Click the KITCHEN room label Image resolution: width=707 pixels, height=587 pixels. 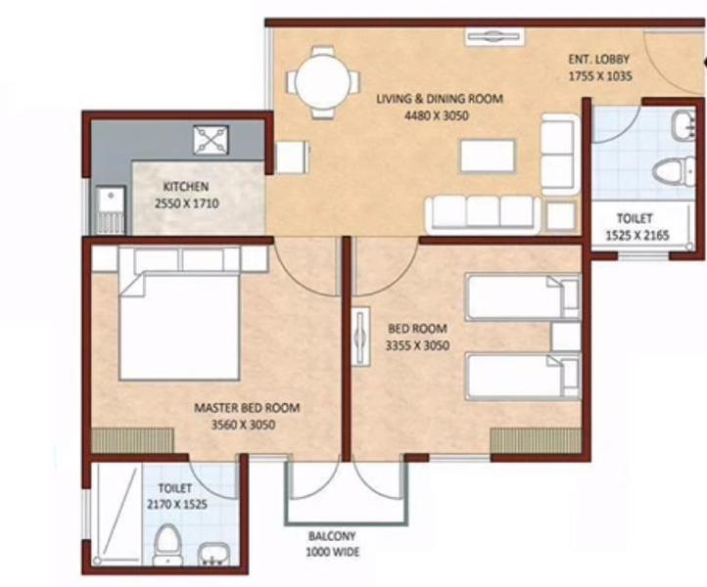186,187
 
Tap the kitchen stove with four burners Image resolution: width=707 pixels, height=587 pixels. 210,139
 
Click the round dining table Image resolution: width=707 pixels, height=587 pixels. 323,84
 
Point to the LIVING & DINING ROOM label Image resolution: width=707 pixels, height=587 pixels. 440,99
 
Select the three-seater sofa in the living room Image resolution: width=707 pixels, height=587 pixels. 482,212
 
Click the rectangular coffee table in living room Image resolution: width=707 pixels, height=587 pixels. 487,157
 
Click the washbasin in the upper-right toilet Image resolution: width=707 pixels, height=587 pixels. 682,124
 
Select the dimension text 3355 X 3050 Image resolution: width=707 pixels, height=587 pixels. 418,344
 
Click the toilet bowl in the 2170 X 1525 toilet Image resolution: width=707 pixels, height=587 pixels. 168,544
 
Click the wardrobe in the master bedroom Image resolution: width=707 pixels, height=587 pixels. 132,441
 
